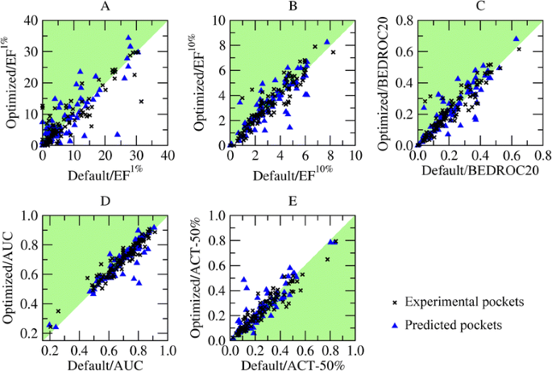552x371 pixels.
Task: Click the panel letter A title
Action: (105, 7)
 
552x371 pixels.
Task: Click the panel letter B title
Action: (291, 7)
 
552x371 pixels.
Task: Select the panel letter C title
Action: (479, 7)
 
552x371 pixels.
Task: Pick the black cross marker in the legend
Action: (394, 302)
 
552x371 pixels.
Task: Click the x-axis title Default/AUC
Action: (105, 364)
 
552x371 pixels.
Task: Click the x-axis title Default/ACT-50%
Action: (292, 364)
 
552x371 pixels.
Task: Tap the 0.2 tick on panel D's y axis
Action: (27, 331)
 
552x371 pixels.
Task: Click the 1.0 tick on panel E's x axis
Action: (355, 351)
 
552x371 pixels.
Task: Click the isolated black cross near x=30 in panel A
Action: (141, 102)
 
